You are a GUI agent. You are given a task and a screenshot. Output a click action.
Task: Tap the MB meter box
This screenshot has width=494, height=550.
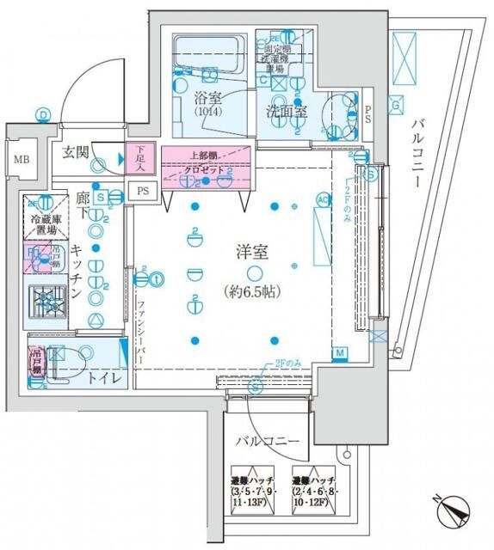pyautogui.click(x=20, y=159)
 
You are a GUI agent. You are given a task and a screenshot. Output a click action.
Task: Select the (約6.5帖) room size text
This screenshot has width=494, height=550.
pyautogui.click(x=253, y=290)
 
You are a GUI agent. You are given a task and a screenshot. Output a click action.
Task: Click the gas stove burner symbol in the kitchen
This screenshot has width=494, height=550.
pyautogui.click(x=46, y=301)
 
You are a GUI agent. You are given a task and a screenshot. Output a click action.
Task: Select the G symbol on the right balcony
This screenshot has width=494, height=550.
pyautogui.click(x=395, y=106)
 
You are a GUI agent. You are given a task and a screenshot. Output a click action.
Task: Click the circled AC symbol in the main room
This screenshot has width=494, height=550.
pyautogui.click(x=324, y=200)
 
